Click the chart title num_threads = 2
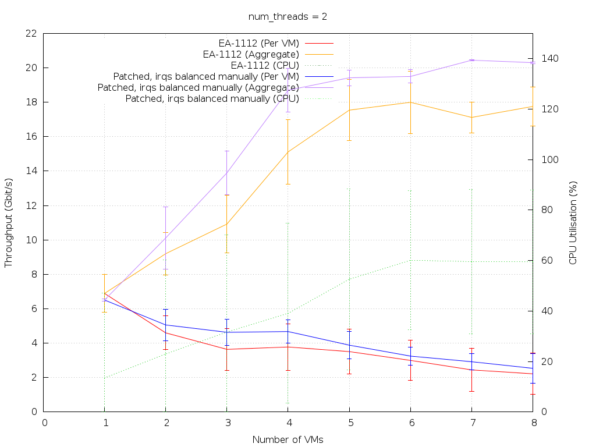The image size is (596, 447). [x=288, y=16]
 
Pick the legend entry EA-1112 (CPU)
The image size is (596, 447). [x=265, y=65]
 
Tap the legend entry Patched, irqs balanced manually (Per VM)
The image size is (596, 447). [x=206, y=76]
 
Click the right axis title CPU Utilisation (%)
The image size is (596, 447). [x=573, y=222]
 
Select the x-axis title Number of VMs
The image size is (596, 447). [x=288, y=439]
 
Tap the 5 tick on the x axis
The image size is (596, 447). [x=349, y=423]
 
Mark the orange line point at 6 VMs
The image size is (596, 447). [x=410, y=102]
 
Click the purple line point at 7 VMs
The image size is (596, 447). [x=471, y=60]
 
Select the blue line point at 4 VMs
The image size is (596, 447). [x=288, y=332]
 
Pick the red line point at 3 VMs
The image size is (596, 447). [x=227, y=349]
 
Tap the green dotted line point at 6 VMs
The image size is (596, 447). [x=410, y=260]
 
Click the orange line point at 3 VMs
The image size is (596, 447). [x=227, y=224]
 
